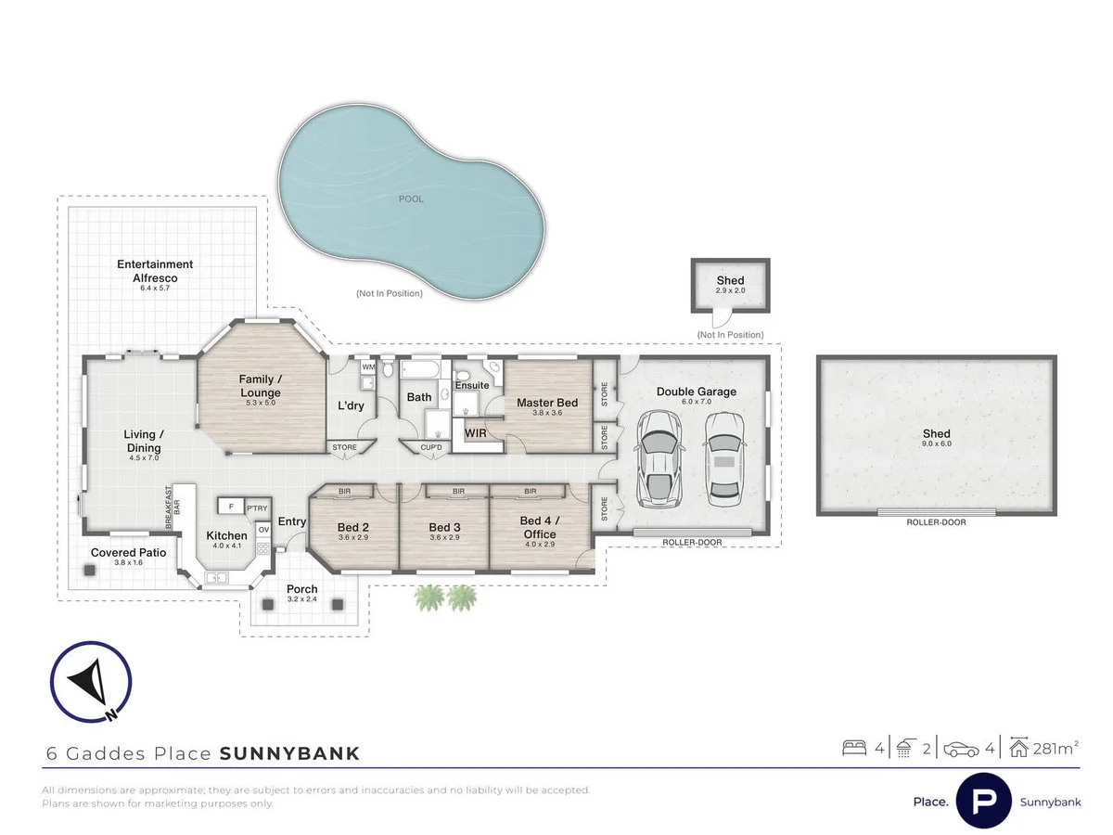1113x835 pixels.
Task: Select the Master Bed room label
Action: point(547,403)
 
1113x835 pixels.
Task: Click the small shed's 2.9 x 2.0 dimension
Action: point(730,291)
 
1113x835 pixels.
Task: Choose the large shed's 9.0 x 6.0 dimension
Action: point(937,443)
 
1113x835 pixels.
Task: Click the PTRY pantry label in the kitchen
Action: point(256,507)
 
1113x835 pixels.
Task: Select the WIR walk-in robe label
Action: point(476,433)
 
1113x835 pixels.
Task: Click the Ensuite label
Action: point(471,385)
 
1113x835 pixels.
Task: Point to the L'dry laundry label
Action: point(350,405)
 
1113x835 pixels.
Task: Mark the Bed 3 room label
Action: point(444,527)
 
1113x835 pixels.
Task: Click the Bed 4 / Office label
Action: point(539,527)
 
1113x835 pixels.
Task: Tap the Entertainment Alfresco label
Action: point(155,271)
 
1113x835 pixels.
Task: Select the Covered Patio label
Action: point(128,552)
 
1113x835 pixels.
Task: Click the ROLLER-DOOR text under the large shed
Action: point(937,522)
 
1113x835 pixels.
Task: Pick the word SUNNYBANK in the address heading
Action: point(289,753)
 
